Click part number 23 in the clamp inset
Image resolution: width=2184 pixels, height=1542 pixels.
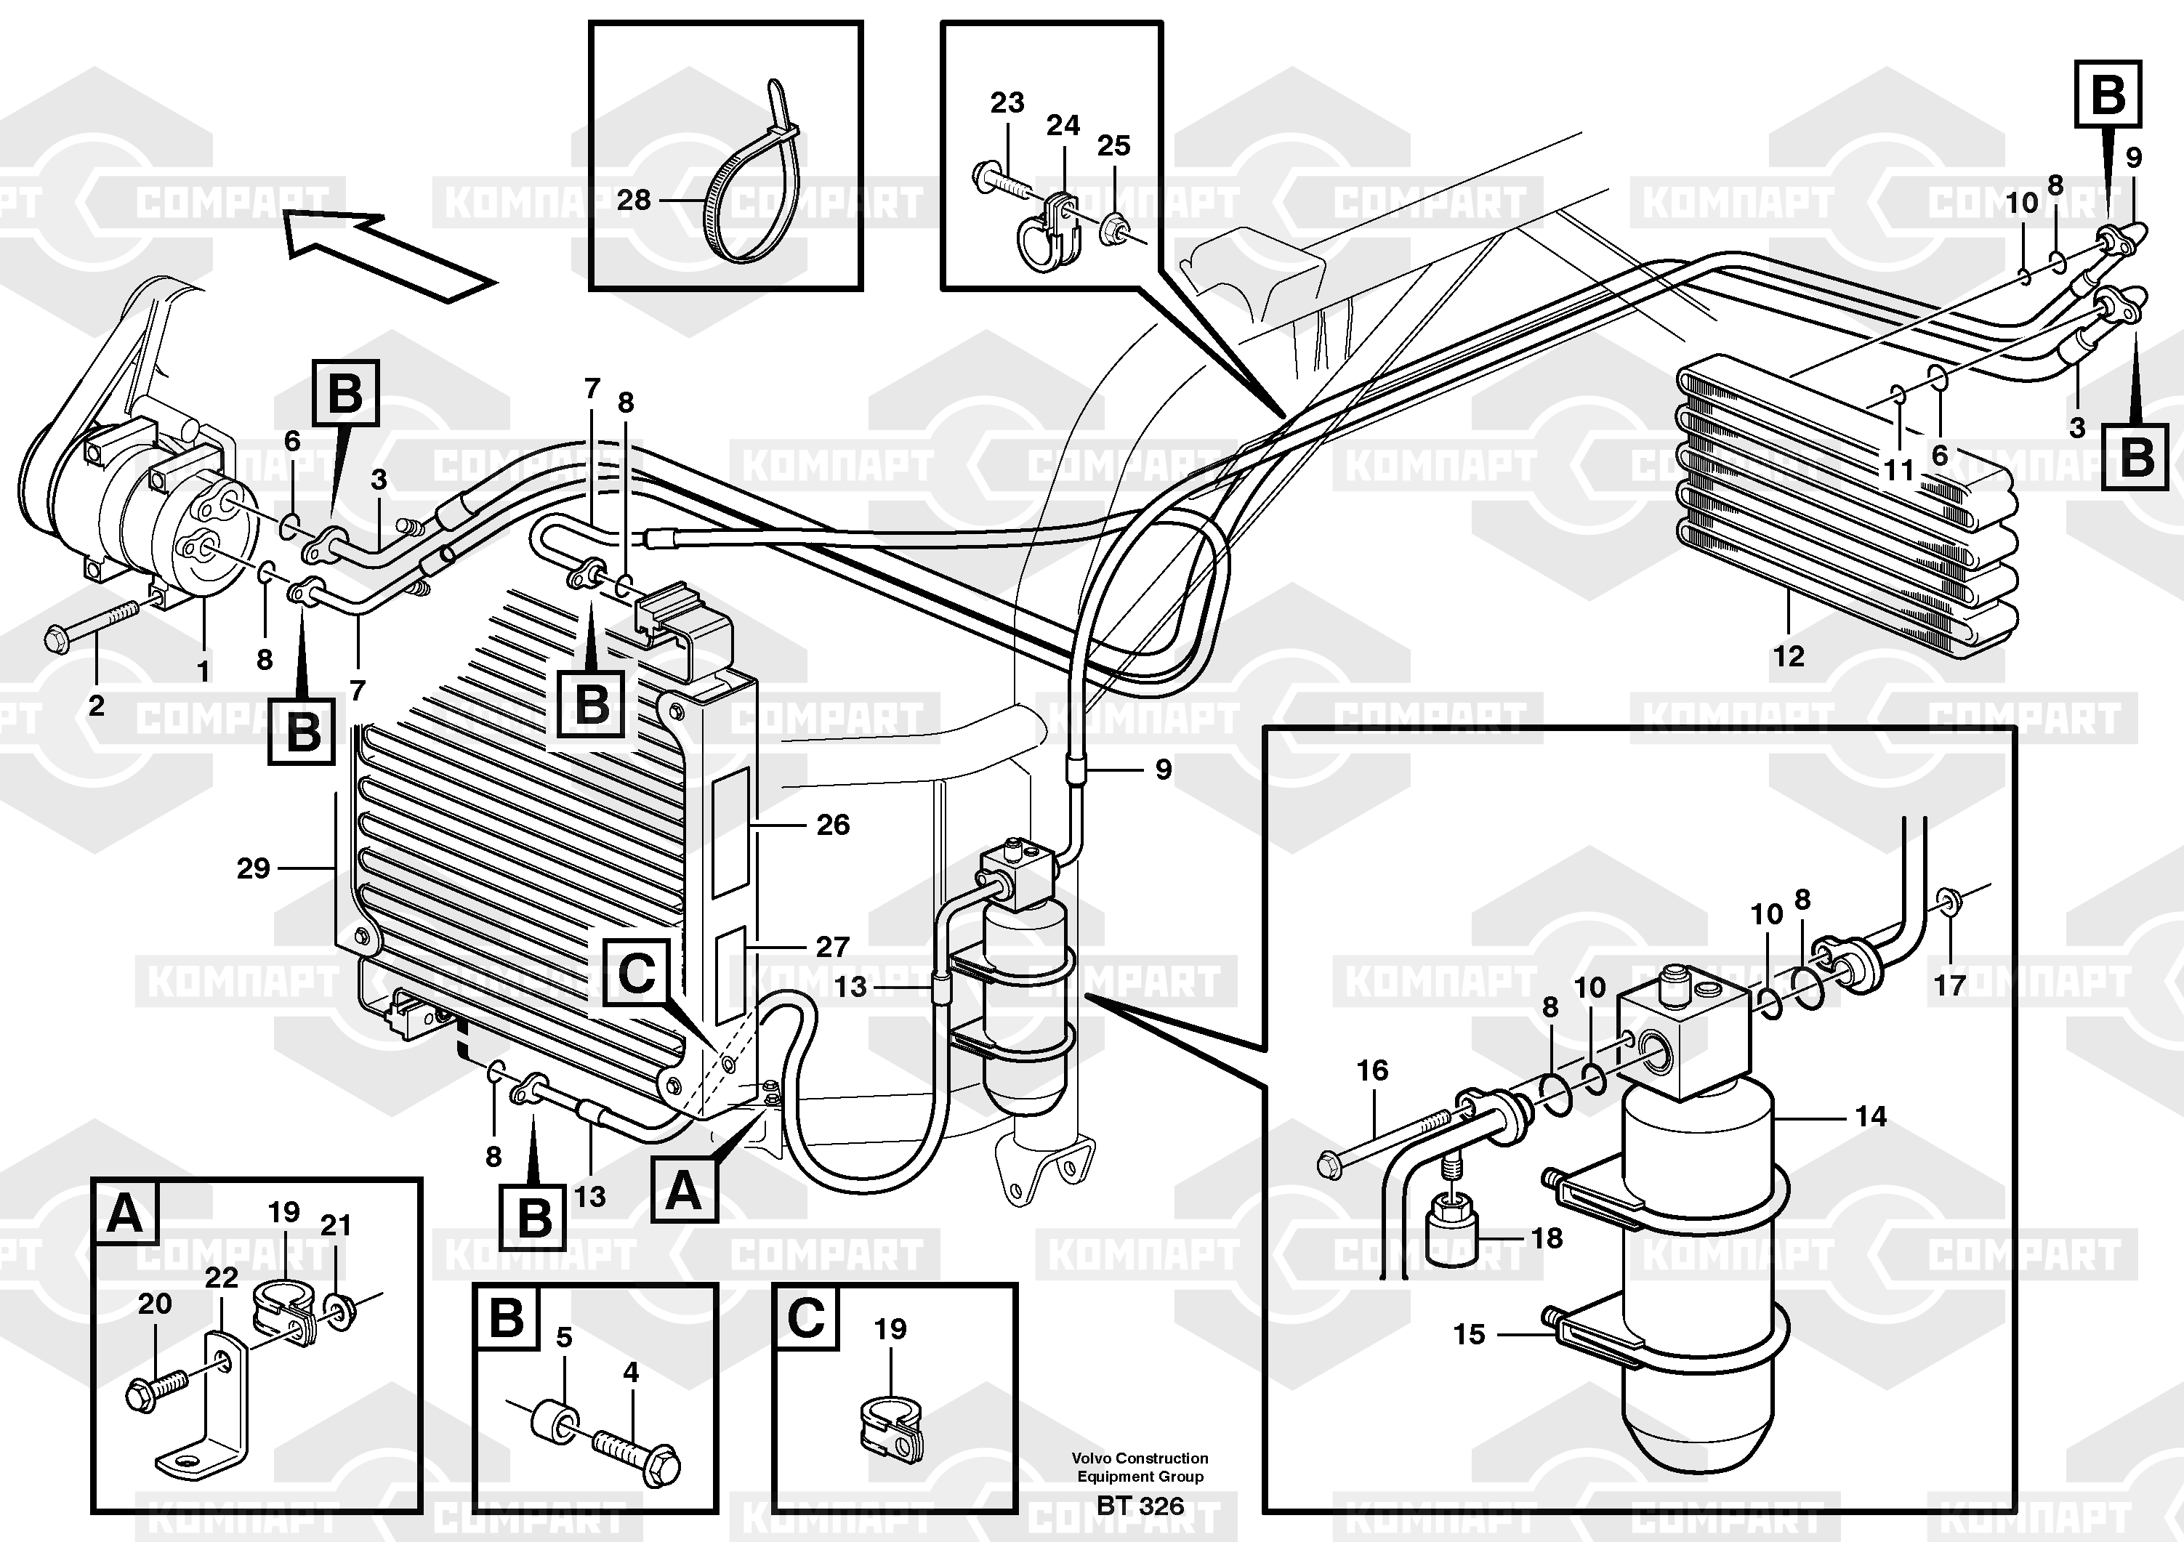pyautogui.click(x=1007, y=102)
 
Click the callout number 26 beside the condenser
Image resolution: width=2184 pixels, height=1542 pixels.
pyautogui.click(x=832, y=825)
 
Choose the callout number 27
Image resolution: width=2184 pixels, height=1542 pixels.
pyautogui.click(x=831, y=947)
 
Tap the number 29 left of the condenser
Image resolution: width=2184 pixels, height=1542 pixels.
pyautogui.click(x=253, y=868)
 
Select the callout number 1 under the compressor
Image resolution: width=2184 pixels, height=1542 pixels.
pyautogui.click(x=203, y=671)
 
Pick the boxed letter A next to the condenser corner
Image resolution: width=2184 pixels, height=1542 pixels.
pyautogui.click(x=683, y=1191)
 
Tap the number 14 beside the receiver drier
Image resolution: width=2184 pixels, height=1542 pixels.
pyautogui.click(x=1870, y=1116)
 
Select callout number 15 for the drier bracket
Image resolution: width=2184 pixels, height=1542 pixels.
pyautogui.click(x=1469, y=1335)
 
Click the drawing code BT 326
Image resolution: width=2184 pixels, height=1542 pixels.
pyautogui.click(x=1140, y=1506)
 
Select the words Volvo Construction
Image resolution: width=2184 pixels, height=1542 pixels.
pyautogui.click(x=1140, y=1458)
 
